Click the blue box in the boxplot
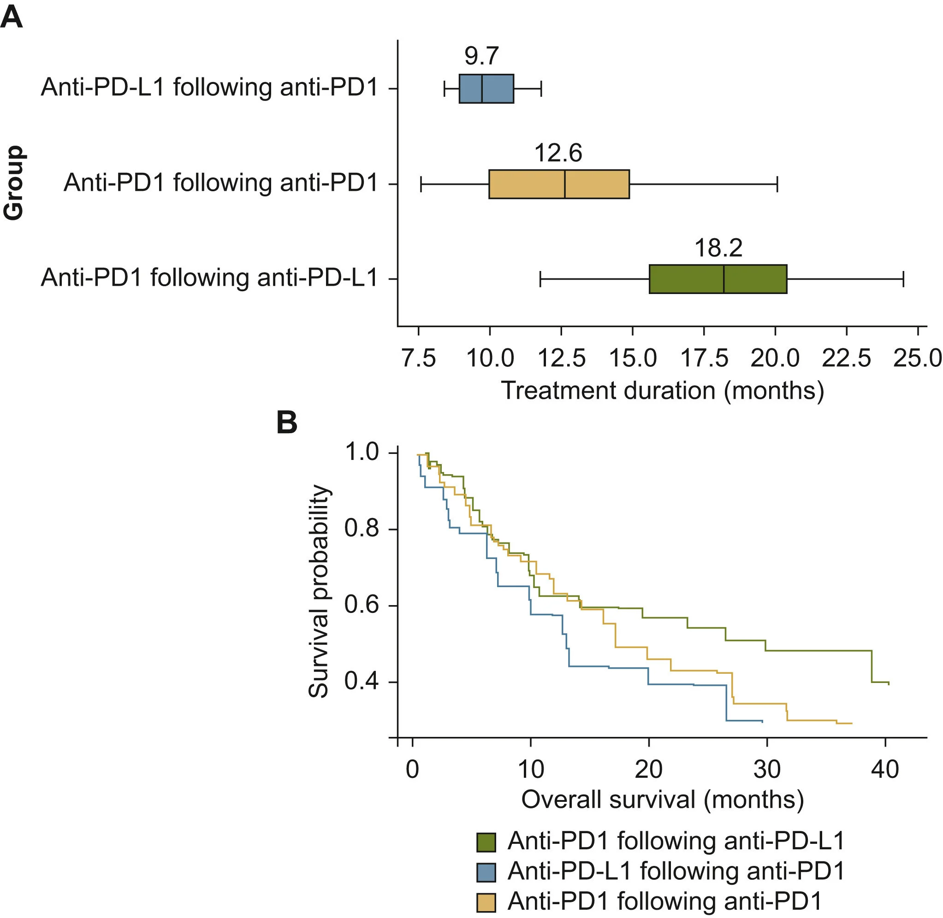point(486,89)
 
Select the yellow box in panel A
point(559,184)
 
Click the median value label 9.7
point(481,56)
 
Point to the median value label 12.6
point(558,153)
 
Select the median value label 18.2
point(718,248)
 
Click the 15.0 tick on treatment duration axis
point(633,359)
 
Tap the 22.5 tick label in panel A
point(847,359)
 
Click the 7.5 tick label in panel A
point(419,359)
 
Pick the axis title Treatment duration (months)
point(663,390)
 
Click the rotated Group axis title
point(13,183)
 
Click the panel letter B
point(287,423)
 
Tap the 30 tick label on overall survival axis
point(767,770)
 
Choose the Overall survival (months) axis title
point(663,800)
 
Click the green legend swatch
point(486,842)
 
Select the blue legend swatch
point(486,872)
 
